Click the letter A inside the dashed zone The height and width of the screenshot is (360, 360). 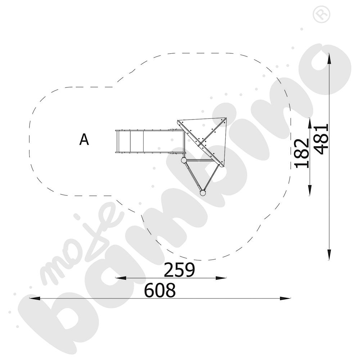coord(84,140)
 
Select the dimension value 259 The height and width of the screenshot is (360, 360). coord(179,270)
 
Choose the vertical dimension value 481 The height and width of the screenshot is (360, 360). coord(321,139)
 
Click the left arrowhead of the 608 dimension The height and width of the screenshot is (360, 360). coord(35,298)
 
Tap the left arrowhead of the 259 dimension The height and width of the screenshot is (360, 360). coord(121,278)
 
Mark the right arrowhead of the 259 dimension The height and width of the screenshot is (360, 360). coord(221,278)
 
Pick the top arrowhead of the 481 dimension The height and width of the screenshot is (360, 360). coord(329,59)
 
